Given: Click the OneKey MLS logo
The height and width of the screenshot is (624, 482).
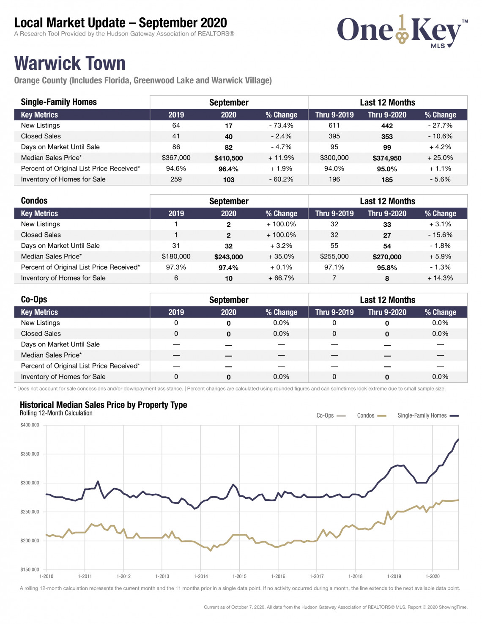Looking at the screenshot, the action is (x=402, y=32).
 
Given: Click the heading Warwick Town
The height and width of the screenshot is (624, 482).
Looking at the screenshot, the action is (x=70, y=63).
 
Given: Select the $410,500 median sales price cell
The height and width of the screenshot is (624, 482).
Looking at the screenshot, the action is (x=228, y=158).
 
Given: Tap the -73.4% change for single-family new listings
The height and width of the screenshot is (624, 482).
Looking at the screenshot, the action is (x=281, y=126).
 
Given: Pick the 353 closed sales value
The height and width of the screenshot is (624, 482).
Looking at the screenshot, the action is (x=387, y=137).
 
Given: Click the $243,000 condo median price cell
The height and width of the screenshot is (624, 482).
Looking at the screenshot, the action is (x=228, y=257).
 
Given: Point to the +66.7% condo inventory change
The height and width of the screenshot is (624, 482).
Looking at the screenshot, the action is (x=281, y=278).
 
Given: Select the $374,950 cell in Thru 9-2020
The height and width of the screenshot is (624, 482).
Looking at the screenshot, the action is (x=387, y=158).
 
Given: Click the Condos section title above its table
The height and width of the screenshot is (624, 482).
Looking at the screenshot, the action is (x=34, y=201).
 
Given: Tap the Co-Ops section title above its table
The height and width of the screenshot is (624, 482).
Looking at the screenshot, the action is (x=34, y=300).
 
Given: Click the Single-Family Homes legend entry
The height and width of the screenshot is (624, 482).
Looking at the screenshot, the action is (x=428, y=415).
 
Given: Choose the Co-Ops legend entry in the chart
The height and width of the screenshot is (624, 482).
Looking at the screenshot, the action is (x=331, y=415).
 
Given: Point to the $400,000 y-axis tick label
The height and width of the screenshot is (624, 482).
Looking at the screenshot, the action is (x=30, y=425).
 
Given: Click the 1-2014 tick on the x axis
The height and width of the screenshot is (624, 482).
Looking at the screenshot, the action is (x=201, y=576).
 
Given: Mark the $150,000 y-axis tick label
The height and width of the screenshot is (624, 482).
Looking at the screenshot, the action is (x=30, y=569).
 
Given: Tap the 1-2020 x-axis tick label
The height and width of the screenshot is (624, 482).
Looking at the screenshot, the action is (x=433, y=576).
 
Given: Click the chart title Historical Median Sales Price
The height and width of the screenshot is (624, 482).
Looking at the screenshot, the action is (x=103, y=405).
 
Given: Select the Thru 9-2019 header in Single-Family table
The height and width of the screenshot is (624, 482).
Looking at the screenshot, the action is (x=334, y=115).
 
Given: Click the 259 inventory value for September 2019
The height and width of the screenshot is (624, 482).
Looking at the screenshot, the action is (x=176, y=179).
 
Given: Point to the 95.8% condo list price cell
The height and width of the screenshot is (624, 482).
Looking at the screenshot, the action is (x=387, y=268).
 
